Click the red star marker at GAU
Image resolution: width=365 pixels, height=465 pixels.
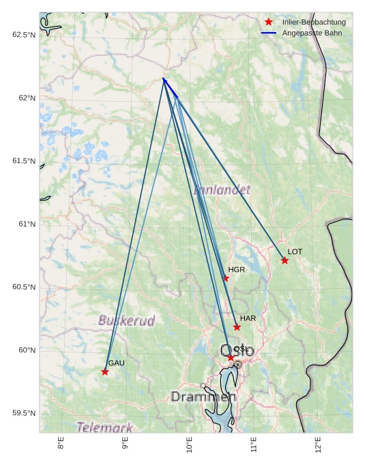[105, 371]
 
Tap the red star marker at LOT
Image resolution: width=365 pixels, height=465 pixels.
[284, 260]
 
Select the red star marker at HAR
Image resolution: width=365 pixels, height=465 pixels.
[237, 327]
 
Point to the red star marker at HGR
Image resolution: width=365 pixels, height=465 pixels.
[226, 278]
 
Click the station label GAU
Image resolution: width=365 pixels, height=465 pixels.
[116, 363]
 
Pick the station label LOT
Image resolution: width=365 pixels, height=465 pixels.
[295, 251]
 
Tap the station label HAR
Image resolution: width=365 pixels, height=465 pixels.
[248, 318]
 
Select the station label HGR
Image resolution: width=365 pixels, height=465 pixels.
[236, 269]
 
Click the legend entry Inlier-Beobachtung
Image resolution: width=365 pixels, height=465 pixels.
[314, 23]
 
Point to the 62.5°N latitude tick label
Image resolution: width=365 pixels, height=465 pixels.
[24, 35]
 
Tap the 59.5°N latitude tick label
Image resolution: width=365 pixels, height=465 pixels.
[24, 413]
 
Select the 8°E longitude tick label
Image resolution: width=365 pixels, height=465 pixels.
[61, 445]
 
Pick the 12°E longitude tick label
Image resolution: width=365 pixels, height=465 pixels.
[319, 445]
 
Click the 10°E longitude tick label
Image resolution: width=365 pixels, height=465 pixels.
[190, 445]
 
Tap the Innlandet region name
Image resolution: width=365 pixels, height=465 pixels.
[222, 189]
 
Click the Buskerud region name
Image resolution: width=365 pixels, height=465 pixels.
[126, 320]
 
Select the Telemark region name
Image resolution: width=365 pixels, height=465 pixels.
[104, 427]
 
